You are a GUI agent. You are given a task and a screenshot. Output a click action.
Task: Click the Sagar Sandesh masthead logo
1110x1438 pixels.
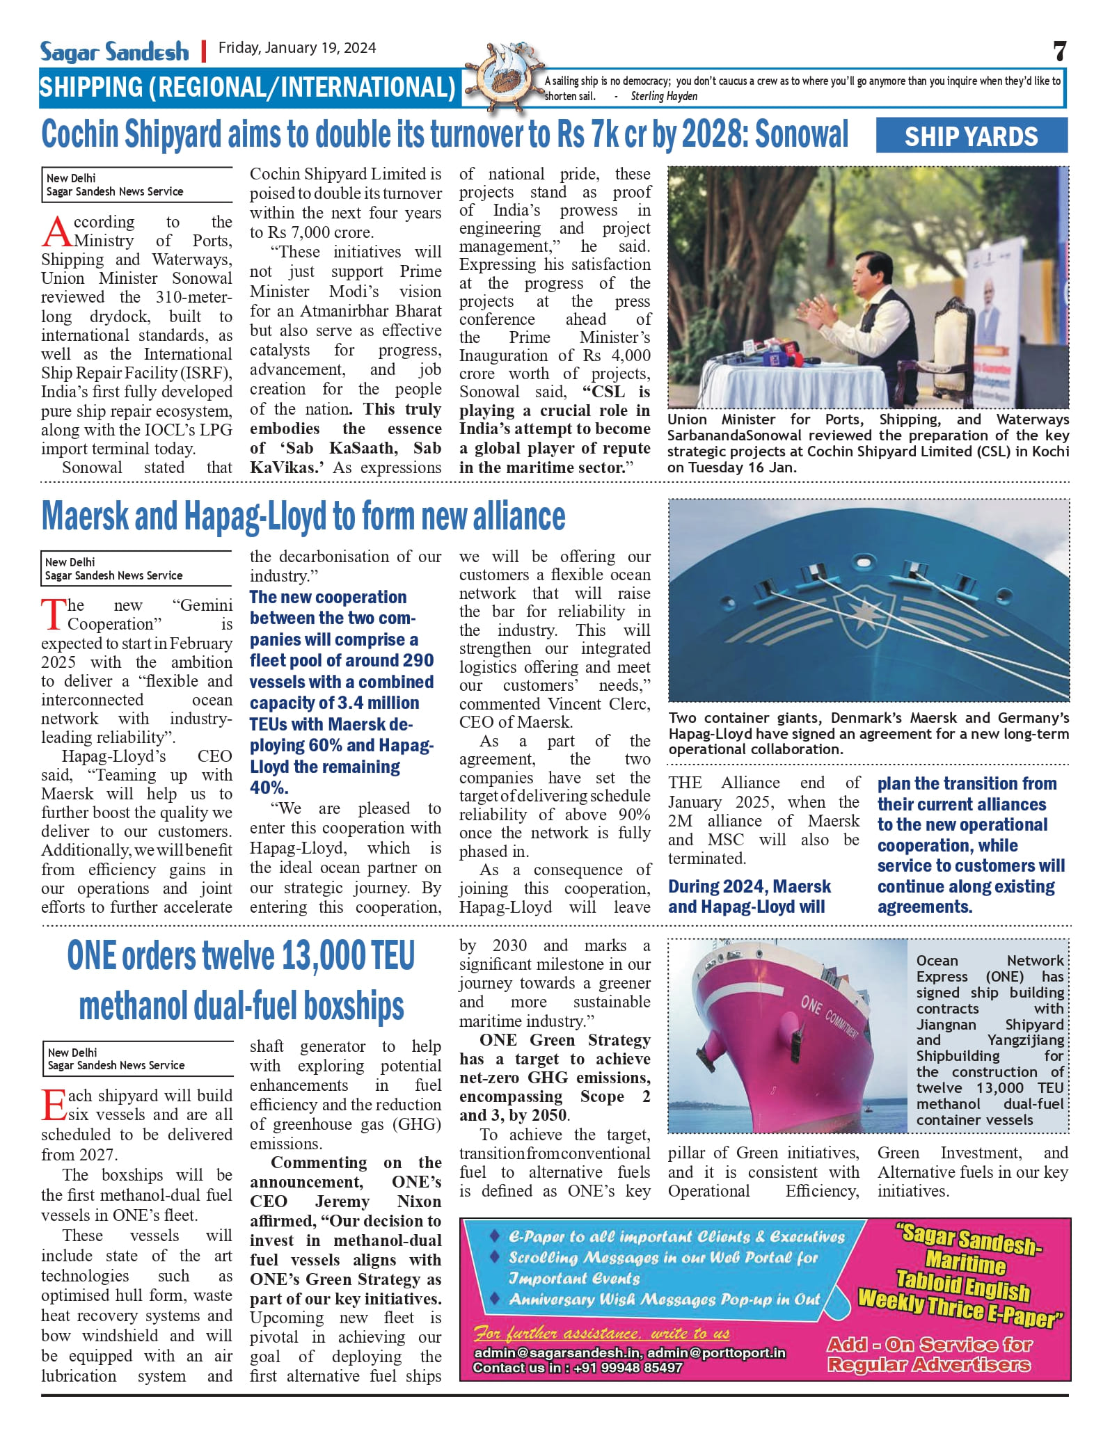[x=114, y=51]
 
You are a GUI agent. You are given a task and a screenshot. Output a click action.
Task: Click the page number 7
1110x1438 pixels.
[x=1059, y=51]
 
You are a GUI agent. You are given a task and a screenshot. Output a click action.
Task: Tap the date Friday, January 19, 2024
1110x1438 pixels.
[x=297, y=48]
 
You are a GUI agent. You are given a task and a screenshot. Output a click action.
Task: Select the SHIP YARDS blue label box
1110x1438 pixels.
[x=971, y=136]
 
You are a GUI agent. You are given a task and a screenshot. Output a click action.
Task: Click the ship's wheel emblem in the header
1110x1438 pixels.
[x=501, y=79]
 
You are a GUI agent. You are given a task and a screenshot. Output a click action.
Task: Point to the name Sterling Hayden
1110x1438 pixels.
[x=664, y=97]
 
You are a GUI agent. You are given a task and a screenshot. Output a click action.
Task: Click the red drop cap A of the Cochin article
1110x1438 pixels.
[x=56, y=232]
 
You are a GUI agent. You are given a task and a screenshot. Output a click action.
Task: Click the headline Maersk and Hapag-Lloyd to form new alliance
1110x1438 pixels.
[x=303, y=517]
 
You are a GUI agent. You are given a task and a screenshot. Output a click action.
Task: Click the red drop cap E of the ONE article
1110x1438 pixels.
[x=54, y=1105]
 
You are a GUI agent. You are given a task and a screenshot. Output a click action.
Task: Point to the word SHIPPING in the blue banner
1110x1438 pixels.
[x=90, y=88]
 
